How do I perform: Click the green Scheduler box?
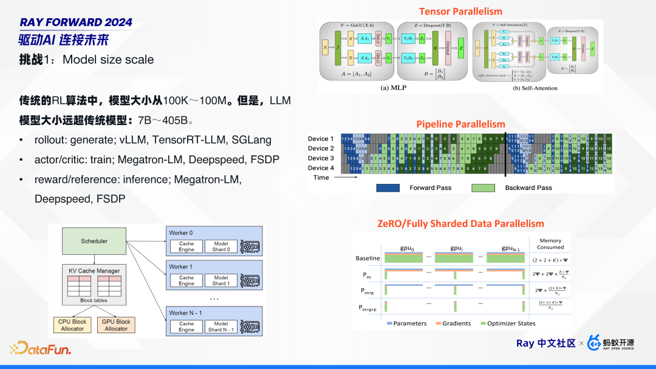[94, 241]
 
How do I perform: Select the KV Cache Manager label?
[94, 271]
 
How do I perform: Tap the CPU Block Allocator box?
[72, 325]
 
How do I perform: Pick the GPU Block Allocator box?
[116, 325]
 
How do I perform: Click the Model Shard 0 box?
[221, 246]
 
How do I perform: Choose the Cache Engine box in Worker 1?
[186, 280]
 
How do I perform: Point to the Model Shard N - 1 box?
[221, 327]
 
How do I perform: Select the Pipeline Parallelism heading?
[460, 124]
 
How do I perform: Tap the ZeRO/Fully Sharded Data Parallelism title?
[461, 224]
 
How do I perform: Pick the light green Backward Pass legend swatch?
[483, 188]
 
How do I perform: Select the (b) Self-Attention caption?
[535, 88]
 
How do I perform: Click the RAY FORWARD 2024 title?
[76, 22]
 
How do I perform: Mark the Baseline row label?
[367, 259]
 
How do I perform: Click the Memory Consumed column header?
[551, 244]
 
